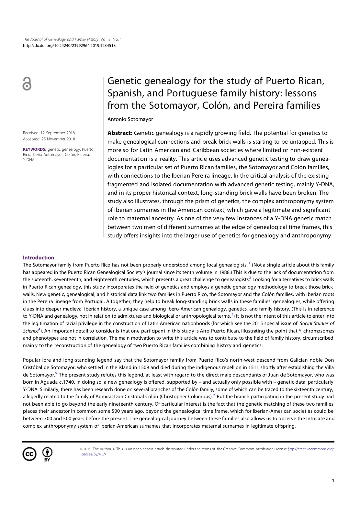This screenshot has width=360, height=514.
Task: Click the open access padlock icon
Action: click(27, 84)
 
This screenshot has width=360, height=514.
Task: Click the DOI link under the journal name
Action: click(69, 46)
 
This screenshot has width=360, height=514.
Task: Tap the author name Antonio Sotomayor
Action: click(130, 119)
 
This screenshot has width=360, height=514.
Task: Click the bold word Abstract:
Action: click(120, 133)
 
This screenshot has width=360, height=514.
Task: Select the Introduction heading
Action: click(39, 257)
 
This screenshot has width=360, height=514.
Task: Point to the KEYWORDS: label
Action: click(35, 149)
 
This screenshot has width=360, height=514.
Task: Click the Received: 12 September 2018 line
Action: click(49, 133)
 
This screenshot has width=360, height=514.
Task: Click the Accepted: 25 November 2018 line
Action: click(49, 139)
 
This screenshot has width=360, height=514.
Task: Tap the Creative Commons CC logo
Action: click(29, 454)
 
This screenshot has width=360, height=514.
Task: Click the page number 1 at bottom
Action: click(333, 481)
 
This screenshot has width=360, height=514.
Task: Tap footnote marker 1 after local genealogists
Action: click(249, 263)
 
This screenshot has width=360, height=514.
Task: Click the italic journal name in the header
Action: click(61, 39)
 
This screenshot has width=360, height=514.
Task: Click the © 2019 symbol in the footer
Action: click(85, 449)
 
